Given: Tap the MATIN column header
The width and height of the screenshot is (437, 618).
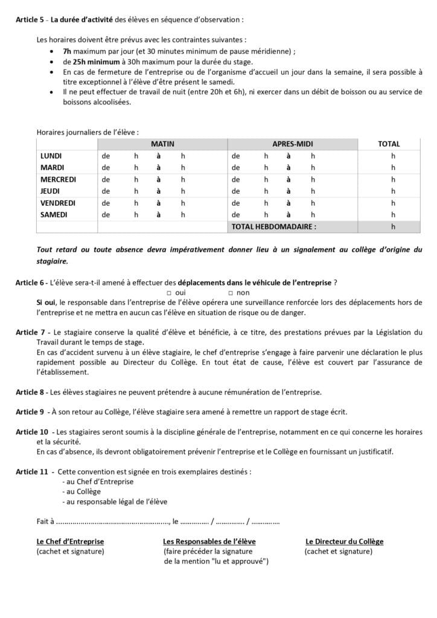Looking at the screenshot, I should (162, 144).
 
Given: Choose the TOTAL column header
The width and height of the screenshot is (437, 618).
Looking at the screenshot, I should (389, 144).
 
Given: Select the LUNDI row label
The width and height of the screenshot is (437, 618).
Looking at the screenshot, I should (52, 156).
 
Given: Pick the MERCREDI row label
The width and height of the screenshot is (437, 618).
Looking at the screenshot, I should (58, 179).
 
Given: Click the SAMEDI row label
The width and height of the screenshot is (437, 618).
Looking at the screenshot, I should (54, 214).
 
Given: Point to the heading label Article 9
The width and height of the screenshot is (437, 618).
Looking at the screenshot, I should (30, 412).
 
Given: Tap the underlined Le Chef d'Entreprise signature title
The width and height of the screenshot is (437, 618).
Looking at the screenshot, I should (70, 541).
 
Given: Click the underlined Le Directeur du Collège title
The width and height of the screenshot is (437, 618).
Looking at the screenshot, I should (344, 541).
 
